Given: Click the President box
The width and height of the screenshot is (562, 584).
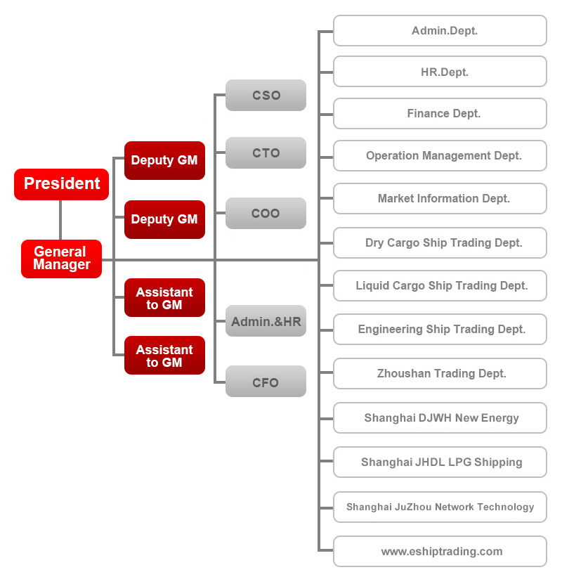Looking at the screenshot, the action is click(x=61, y=184).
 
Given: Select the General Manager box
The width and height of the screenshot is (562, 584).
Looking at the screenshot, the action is click(x=61, y=259).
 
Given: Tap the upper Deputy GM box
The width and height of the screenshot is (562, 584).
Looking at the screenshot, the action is click(x=164, y=160).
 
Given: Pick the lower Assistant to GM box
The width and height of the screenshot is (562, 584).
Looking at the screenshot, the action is click(x=164, y=356).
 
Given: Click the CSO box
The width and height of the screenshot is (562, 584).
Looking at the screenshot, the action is click(x=266, y=95).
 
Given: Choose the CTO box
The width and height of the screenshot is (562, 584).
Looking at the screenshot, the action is click(x=266, y=153).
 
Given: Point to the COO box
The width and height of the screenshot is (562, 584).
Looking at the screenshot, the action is click(x=266, y=213).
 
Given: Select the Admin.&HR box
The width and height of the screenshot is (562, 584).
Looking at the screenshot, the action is click(x=266, y=321).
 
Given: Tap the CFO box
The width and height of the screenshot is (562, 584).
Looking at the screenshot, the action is click(x=266, y=382).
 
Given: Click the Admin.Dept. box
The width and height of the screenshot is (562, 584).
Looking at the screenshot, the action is click(x=440, y=30).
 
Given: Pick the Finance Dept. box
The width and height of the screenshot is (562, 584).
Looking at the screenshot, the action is click(x=440, y=114).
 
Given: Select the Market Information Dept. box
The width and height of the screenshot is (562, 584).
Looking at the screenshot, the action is click(x=440, y=198).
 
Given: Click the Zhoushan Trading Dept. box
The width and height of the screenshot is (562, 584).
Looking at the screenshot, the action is click(x=440, y=374).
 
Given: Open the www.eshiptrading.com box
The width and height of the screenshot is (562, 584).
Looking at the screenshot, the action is click(x=440, y=552).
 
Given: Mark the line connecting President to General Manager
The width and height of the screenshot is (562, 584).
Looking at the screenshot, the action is click(x=60, y=220).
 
